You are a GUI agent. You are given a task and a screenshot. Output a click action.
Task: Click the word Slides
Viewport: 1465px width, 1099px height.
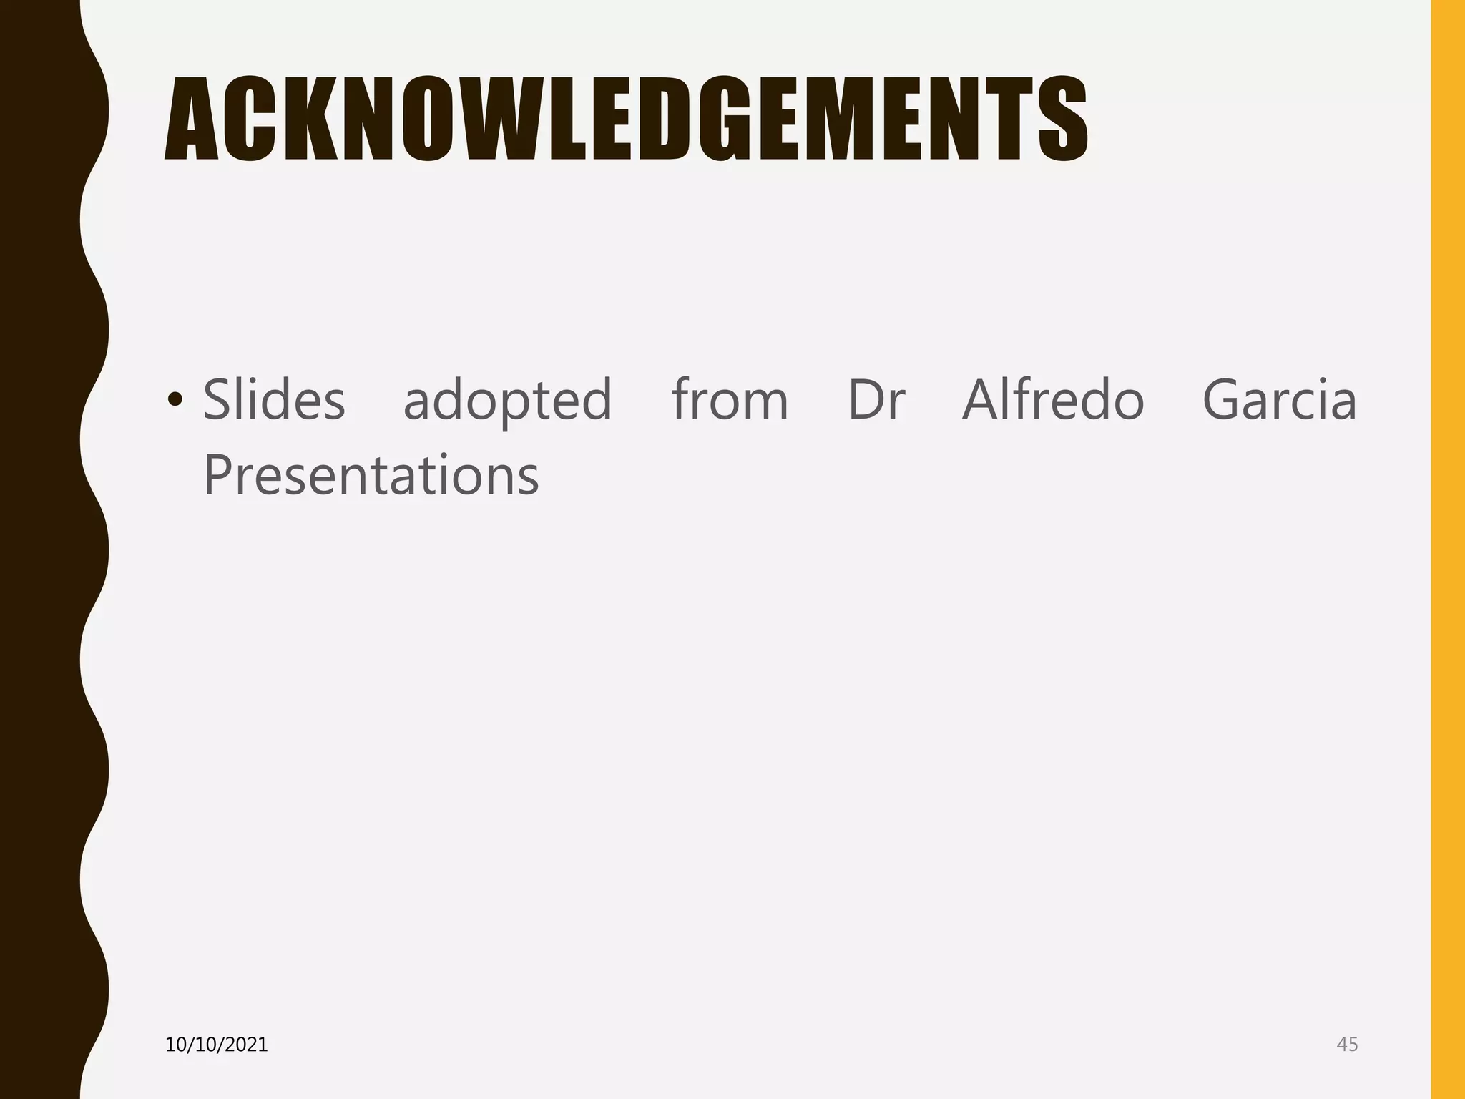click(x=274, y=399)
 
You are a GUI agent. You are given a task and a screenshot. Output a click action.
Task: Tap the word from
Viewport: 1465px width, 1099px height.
click(x=730, y=399)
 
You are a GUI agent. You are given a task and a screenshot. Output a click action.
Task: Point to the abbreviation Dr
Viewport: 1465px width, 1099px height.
click(x=876, y=399)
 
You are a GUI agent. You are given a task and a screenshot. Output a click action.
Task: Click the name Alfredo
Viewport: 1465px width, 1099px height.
click(x=1053, y=399)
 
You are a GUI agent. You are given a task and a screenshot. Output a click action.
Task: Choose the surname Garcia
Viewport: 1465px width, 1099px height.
click(x=1279, y=399)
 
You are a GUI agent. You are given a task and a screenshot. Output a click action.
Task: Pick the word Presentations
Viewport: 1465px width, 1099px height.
click(x=371, y=475)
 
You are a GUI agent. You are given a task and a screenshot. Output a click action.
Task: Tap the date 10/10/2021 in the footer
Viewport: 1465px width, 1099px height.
click(x=216, y=1045)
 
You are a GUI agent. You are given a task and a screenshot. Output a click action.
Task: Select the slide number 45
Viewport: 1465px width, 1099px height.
click(x=1347, y=1045)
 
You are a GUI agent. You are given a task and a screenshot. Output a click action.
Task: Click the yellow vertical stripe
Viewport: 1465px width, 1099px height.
click(x=1447, y=549)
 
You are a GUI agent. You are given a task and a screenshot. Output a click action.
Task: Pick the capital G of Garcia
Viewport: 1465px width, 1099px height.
click(x=1225, y=399)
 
